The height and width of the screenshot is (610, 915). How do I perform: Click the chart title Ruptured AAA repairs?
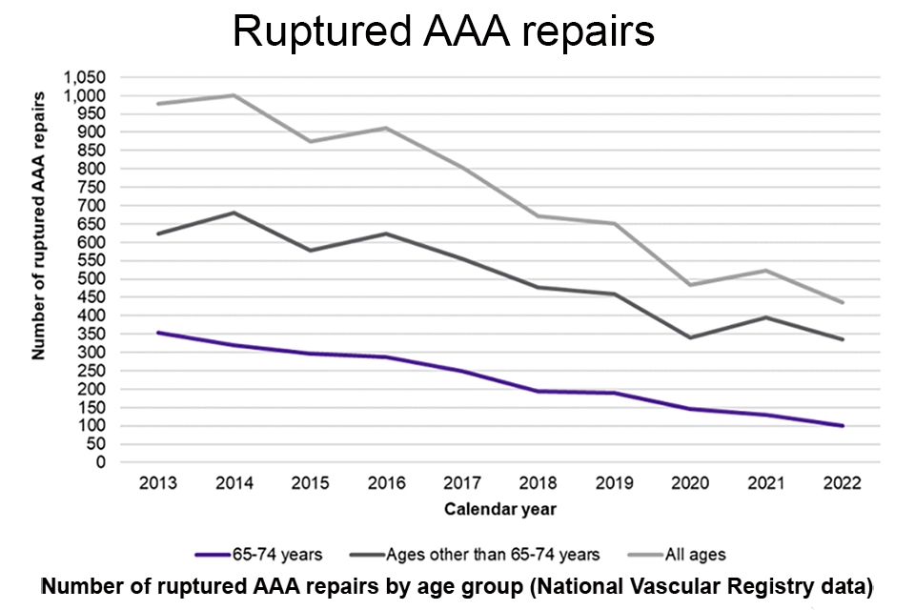443,31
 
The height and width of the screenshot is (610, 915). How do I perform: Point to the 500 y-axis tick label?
92,279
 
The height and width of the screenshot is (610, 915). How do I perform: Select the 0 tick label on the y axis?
100,462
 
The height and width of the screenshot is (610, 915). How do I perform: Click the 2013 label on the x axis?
157,483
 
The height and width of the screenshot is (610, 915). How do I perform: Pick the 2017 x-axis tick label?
462,483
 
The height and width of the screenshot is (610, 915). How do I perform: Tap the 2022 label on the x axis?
842,483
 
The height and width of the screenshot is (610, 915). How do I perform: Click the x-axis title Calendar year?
499,509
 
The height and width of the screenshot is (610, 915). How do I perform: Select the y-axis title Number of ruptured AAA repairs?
39,225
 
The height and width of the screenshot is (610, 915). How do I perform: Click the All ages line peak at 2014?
234,95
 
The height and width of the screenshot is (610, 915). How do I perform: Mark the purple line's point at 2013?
157,333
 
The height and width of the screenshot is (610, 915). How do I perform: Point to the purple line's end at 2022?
842,425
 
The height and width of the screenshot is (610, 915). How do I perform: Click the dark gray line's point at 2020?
690,337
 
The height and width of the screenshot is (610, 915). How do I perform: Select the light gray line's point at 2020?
690,285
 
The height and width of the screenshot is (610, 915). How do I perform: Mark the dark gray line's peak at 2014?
234,213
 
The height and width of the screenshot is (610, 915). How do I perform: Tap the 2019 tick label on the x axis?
614,483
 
